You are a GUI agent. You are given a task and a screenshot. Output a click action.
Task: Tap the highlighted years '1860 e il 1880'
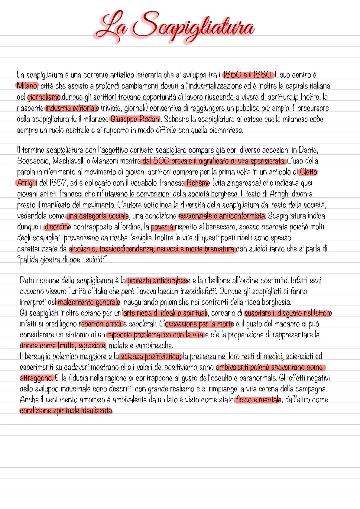click(x=249, y=75)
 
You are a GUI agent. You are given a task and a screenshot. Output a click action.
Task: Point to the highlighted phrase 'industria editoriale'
click(x=72, y=108)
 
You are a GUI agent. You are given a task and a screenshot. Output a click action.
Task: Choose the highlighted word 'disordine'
click(x=57, y=227)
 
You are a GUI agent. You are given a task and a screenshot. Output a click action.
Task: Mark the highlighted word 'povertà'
click(x=163, y=227)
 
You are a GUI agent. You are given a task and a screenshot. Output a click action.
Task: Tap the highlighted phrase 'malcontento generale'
click(x=89, y=302)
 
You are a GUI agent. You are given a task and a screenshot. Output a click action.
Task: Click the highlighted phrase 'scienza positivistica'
click(x=150, y=356)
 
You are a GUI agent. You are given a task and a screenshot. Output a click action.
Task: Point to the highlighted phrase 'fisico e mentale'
click(x=258, y=399)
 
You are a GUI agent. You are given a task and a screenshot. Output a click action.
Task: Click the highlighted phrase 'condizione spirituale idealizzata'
click(x=66, y=410)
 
